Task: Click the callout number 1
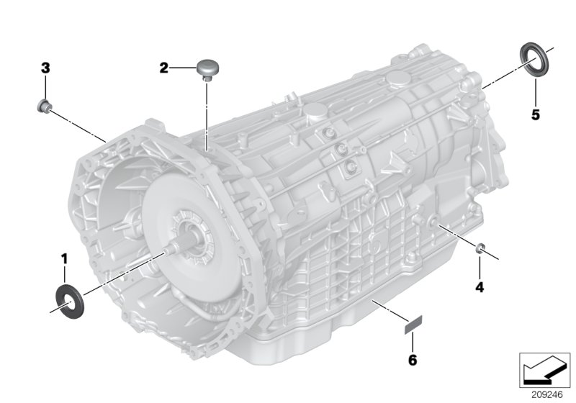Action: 64,259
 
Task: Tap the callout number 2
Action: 164,68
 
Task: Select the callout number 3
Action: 45,68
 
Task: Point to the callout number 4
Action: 480,287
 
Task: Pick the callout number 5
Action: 536,115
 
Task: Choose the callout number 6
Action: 413,360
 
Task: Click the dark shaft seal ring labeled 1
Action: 69,301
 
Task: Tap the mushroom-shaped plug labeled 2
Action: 208,69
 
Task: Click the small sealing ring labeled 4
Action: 480,248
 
